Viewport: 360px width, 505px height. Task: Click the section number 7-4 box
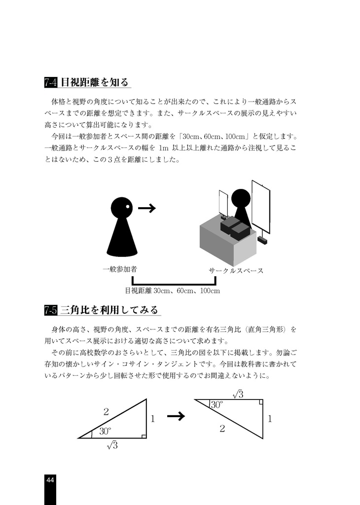coord(51,82)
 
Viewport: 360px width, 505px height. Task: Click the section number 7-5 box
coord(51,310)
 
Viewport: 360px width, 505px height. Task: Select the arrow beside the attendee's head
coord(147,209)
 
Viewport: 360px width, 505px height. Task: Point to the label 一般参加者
coord(119,270)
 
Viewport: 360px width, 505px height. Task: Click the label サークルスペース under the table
coord(236,271)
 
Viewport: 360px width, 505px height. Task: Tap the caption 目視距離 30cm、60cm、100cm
coord(172,290)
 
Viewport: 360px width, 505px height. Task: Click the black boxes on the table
coord(235,228)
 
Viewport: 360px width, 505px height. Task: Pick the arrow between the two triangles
coord(176,417)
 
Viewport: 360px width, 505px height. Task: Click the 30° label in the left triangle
coord(106,431)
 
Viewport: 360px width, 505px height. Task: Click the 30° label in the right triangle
coord(217,405)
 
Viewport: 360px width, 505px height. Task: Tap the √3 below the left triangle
coord(112,445)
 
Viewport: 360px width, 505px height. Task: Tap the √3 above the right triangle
coord(238,394)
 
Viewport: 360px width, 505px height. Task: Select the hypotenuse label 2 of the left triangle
coord(106,412)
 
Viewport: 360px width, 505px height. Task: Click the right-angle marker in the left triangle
coord(143,435)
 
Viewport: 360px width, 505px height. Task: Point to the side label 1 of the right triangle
coord(270,419)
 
